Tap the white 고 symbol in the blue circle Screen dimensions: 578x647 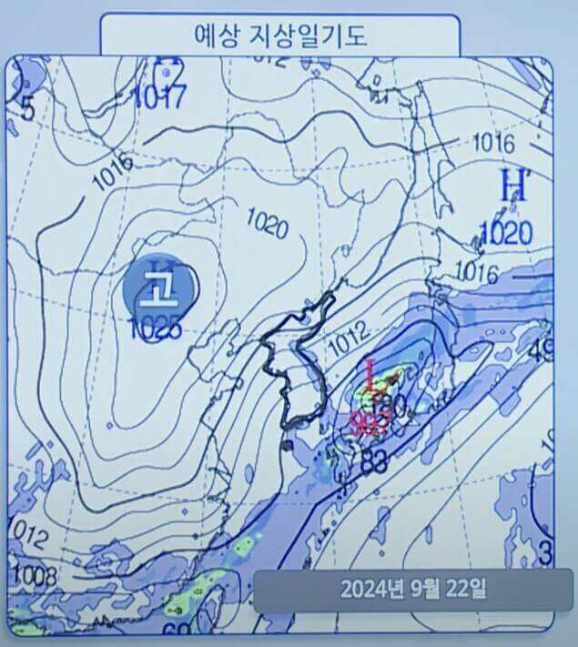tap(161, 289)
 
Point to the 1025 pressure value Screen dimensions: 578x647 tap(156, 329)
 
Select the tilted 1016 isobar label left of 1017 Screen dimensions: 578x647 tap(111, 171)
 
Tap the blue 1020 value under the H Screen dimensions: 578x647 tap(505, 233)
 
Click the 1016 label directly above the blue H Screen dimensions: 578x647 tap(494, 142)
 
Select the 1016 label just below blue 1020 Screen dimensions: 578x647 tap(476, 270)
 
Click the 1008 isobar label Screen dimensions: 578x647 tap(35, 575)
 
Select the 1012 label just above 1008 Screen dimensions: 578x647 tap(28, 534)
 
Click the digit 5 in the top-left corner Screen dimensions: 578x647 tap(26, 110)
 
